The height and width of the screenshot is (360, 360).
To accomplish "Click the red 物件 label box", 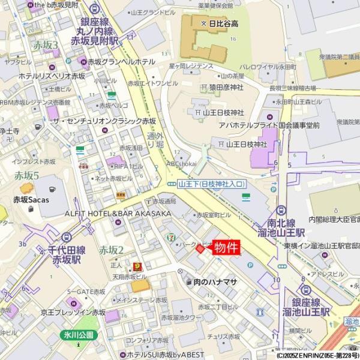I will click(227, 247).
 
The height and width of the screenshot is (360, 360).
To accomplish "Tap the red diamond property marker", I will click(201, 249).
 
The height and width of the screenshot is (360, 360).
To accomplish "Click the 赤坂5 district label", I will click(27, 175).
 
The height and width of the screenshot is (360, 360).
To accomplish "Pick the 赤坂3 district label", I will click(46, 45).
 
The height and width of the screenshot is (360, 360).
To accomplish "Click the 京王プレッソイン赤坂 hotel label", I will click(73, 313).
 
